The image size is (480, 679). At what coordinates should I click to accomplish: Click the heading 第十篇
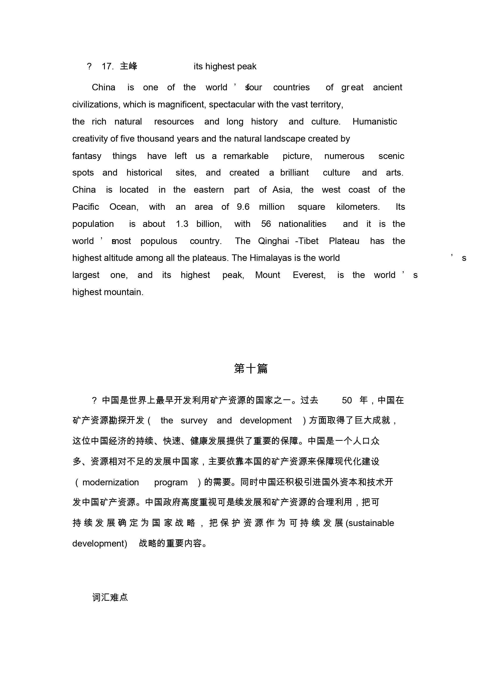pos(251,369)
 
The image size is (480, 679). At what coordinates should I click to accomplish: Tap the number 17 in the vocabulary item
pos(107,66)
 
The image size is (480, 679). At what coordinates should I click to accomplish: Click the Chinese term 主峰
pos(128,66)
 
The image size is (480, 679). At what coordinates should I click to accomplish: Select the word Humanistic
pos(374,122)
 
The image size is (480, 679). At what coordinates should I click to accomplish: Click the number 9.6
pos(243,207)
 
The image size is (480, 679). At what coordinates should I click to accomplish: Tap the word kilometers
pos(358,207)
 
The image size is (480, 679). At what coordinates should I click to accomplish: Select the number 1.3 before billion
pos(182,224)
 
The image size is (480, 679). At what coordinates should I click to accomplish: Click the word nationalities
pos(302,224)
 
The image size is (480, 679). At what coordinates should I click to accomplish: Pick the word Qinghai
pos(273,241)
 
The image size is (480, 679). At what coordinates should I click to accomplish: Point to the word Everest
pos(309,275)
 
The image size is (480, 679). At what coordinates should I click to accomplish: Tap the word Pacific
pos(86,207)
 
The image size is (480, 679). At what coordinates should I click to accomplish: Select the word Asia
pos(282,190)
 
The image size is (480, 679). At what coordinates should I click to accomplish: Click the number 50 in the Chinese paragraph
pos(347,400)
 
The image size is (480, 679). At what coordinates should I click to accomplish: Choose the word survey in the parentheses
pos(194,421)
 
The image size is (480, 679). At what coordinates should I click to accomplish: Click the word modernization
pos(110,482)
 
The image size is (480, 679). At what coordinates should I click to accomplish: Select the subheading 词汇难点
pos(110,597)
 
